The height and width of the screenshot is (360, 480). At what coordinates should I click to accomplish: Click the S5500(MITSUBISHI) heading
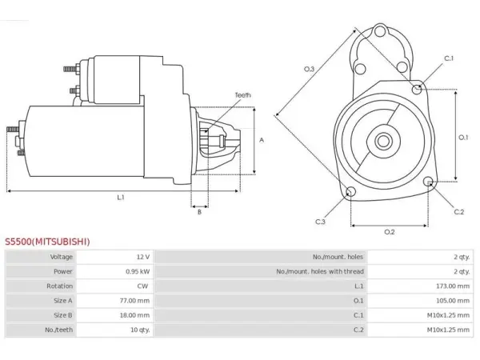coord(47,242)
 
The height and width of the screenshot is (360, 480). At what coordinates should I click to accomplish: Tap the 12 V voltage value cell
coord(143,257)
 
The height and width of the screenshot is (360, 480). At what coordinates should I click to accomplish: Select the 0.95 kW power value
coord(138,271)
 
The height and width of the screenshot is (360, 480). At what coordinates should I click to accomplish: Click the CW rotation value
coord(142,286)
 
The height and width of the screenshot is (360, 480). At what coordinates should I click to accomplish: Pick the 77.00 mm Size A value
coord(134,301)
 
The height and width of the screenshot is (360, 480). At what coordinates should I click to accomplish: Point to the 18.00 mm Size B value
coord(134,315)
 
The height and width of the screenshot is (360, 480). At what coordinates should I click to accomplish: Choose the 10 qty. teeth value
coord(140,330)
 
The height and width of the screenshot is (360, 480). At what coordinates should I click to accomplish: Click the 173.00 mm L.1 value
coord(453,286)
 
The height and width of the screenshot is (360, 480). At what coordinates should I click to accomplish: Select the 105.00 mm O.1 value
coord(453,301)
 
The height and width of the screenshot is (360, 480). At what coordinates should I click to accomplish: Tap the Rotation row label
coord(60,286)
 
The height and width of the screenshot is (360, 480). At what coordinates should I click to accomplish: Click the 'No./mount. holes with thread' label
coord(320,271)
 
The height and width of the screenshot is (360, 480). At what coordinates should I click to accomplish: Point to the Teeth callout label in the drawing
coord(242,95)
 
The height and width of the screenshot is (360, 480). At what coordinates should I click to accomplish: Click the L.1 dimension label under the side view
coord(121,198)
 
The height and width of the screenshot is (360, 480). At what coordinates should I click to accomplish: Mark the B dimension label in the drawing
coord(199,212)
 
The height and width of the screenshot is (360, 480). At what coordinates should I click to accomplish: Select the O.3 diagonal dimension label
coord(309,69)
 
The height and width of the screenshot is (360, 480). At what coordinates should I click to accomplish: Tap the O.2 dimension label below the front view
coord(390,232)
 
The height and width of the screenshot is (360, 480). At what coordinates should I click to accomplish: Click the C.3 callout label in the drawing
coord(320,222)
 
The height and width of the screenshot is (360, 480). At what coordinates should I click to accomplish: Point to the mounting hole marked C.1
coord(417,90)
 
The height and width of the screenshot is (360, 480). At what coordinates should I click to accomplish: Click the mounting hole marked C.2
coord(429,182)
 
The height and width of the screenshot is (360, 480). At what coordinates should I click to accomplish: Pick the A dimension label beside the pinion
coord(262,140)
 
